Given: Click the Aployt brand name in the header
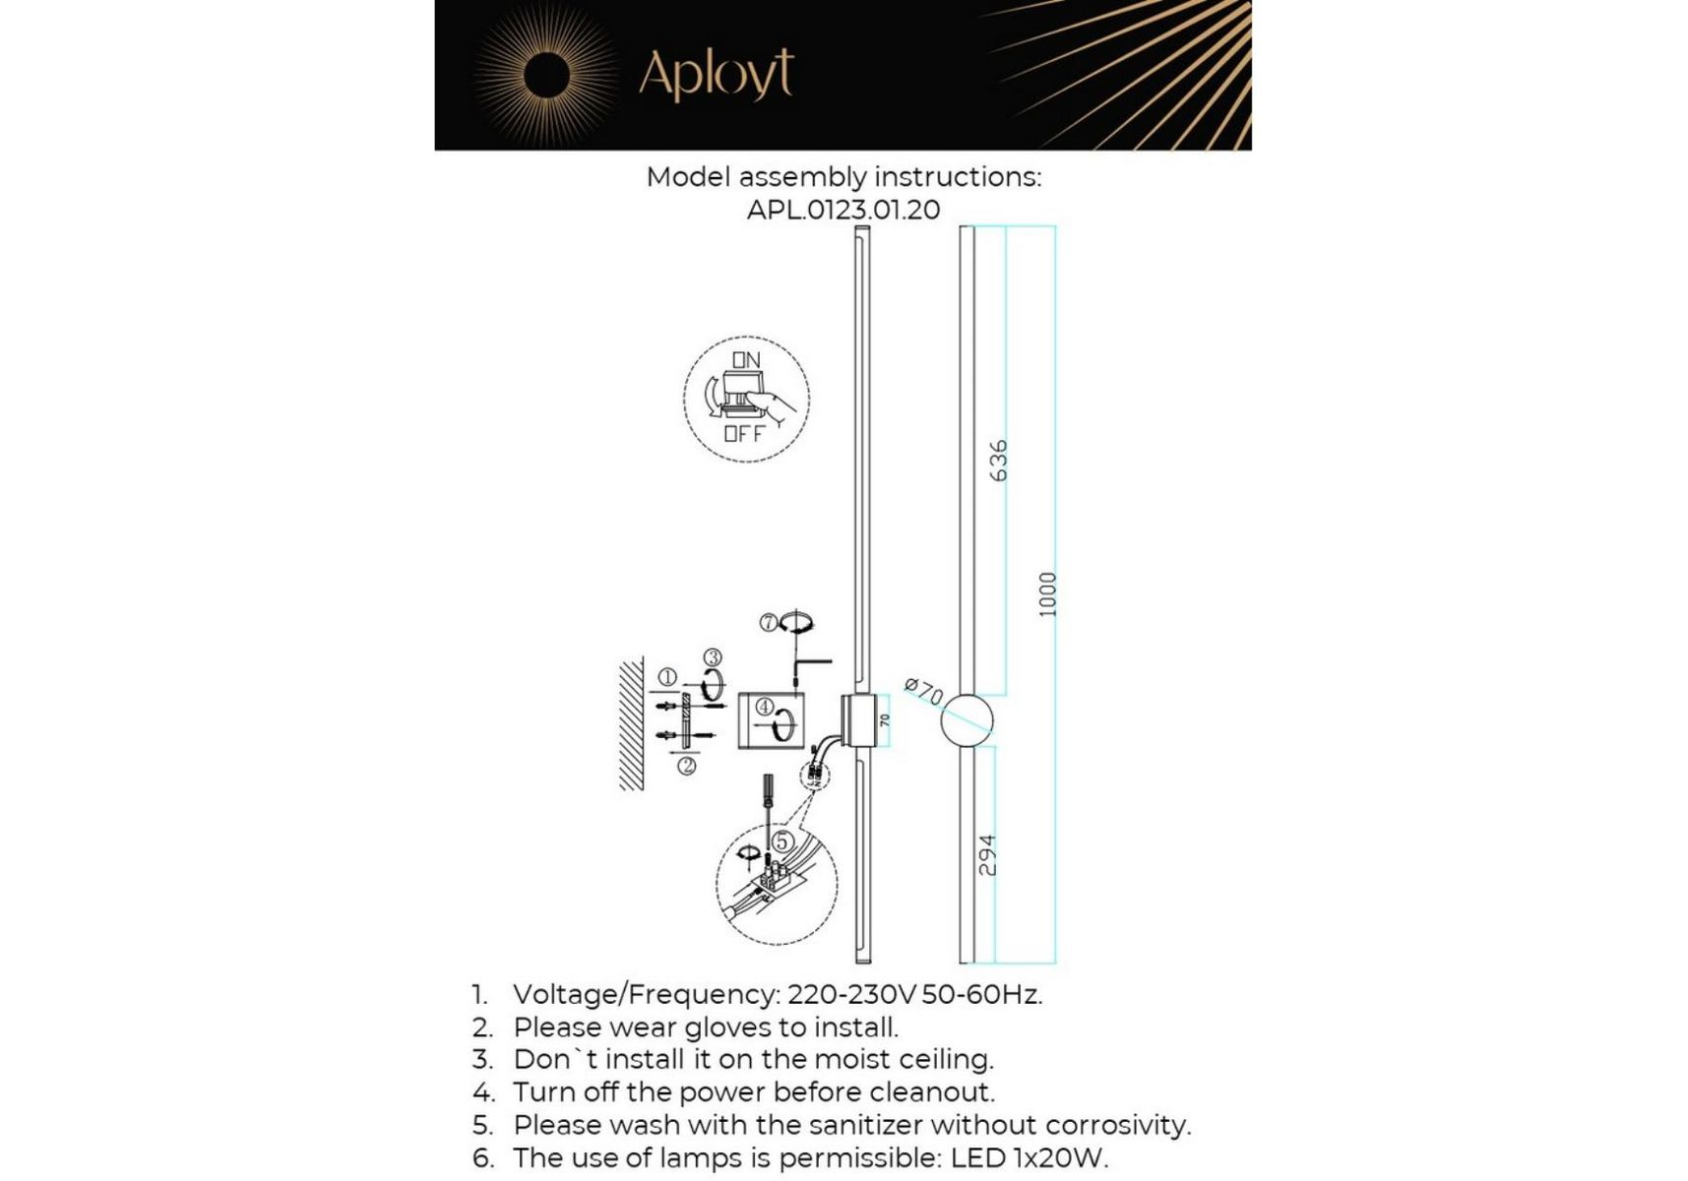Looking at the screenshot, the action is (x=716, y=73).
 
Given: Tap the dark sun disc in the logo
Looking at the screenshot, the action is (x=546, y=76).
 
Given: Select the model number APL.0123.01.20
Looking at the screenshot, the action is (x=844, y=210).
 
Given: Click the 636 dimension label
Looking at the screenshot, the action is (x=998, y=461).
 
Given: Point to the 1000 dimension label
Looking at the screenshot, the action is (x=1047, y=594).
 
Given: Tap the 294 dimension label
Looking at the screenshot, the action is (x=987, y=855).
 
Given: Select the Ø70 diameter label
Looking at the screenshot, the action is (x=923, y=691).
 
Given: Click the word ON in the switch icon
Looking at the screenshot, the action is (x=746, y=360).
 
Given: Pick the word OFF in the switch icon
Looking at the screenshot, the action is (x=744, y=433).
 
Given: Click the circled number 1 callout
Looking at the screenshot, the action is (x=667, y=677).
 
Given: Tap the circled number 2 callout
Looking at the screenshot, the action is (x=687, y=765).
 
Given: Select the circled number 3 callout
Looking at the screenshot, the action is (x=713, y=657).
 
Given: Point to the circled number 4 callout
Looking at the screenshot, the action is (x=764, y=707).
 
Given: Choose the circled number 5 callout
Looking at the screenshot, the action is (x=781, y=841).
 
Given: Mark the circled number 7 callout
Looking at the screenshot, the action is (x=769, y=622).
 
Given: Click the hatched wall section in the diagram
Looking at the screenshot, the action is (x=632, y=723).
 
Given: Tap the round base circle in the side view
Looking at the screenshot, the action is (x=967, y=720).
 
